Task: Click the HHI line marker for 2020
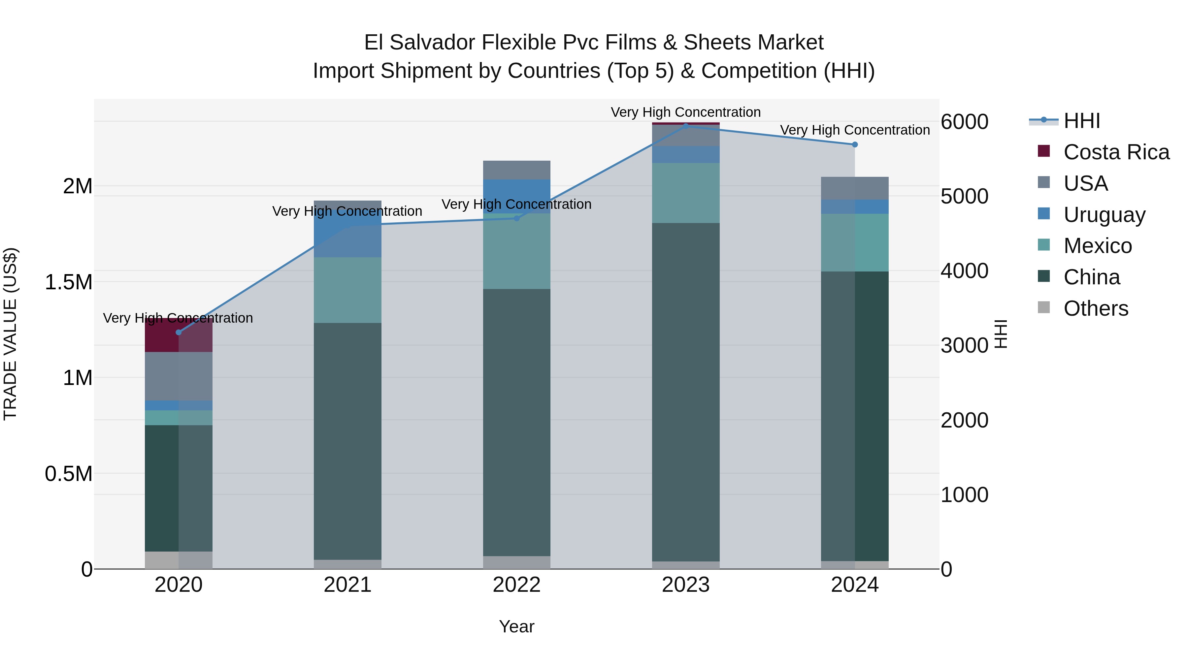point(179,333)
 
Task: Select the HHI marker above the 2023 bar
point(685,126)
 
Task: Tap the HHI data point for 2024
point(855,144)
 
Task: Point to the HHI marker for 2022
point(516,218)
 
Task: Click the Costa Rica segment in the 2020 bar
point(179,335)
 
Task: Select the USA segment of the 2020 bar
point(179,376)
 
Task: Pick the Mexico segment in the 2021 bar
point(348,290)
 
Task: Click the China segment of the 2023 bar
point(685,392)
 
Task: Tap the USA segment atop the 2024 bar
point(855,188)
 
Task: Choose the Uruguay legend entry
point(1104,215)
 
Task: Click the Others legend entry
point(1096,308)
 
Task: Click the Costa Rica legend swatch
point(1044,151)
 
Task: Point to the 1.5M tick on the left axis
point(68,282)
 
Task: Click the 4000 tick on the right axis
point(964,271)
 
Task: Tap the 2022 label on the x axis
point(516,585)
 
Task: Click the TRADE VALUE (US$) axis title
point(10,334)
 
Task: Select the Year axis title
point(516,626)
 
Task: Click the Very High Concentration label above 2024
point(855,130)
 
